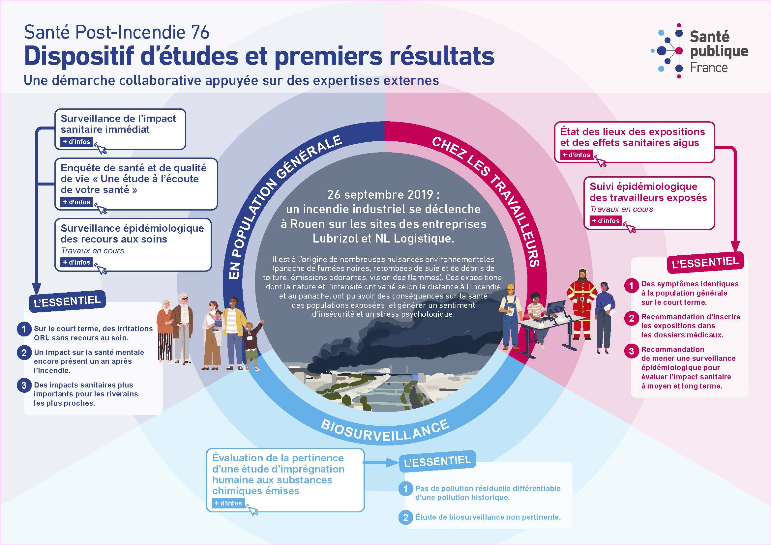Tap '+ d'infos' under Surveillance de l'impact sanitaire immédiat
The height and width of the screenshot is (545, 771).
(77, 142)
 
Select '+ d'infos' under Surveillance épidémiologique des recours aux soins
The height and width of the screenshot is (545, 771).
(77, 262)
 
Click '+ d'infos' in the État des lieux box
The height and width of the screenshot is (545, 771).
(577, 155)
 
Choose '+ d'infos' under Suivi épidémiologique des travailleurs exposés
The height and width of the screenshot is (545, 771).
(606, 221)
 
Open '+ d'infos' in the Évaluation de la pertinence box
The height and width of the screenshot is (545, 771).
(228, 503)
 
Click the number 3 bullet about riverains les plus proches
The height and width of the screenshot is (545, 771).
(24, 385)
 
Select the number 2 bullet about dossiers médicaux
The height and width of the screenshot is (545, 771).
(631, 318)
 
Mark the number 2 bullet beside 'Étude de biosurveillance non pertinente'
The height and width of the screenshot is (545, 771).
(406, 517)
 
